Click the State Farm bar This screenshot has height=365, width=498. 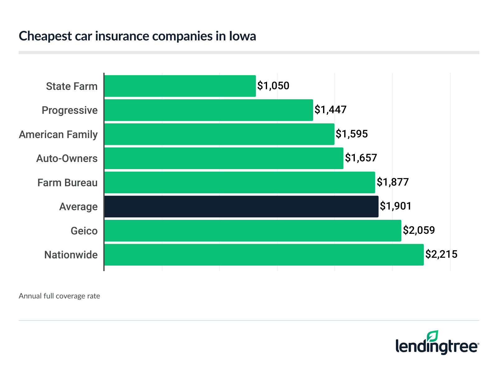coord(180,86)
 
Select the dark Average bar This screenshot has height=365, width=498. coord(241,206)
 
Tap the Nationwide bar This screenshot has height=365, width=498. coord(264,255)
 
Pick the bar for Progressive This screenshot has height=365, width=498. coord(209,110)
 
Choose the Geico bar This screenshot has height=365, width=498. coord(253,231)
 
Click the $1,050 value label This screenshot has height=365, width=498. coord(273,86)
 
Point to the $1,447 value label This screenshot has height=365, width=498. coord(331,110)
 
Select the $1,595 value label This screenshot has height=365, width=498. coord(352,134)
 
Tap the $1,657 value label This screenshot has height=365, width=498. coord(361,158)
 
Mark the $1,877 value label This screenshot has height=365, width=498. coord(393,182)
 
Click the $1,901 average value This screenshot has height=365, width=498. coord(396,206)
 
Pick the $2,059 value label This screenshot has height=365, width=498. coord(419,230)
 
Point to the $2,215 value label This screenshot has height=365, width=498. coord(441,254)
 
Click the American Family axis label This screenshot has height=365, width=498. coord(58,135)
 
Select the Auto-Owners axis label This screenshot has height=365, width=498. coord(67,159)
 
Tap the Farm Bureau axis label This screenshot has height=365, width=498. coord(68,183)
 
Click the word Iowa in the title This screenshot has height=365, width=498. coord(242,36)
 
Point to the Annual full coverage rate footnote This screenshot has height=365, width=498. coord(59,296)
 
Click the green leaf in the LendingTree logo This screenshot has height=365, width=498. coord(432,336)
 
